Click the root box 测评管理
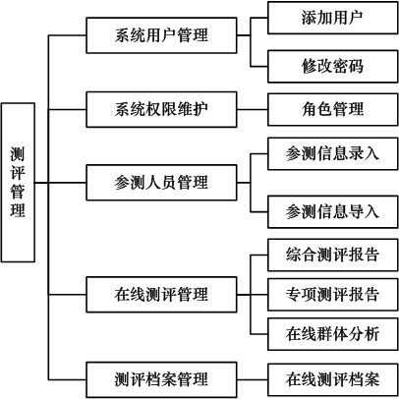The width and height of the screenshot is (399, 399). [x=18, y=183]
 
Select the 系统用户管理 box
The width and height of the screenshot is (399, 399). [x=161, y=35]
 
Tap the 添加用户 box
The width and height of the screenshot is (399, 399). [x=333, y=18]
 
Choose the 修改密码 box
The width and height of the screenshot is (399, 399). [x=333, y=66]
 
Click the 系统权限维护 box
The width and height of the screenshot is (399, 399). [x=161, y=109]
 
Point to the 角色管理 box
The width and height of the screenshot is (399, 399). [x=333, y=109]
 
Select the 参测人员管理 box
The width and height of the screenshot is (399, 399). [x=161, y=183]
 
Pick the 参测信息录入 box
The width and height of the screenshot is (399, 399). [x=333, y=153]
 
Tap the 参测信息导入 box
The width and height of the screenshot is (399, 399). [x=333, y=211]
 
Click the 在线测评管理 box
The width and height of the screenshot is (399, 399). [x=161, y=295]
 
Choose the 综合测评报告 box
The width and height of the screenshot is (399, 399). [x=333, y=255]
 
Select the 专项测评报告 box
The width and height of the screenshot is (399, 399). [x=333, y=295]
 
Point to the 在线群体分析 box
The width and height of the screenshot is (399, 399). [x=333, y=334]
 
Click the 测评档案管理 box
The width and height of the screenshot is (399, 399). [x=161, y=380]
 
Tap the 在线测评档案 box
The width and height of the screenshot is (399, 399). [x=333, y=380]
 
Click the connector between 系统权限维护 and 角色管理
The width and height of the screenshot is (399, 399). [x=253, y=109]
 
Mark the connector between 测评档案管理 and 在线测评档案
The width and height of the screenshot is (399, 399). [x=253, y=380]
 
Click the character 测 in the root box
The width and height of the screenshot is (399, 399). [x=18, y=154]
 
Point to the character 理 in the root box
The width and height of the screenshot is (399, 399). [x=18, y=210]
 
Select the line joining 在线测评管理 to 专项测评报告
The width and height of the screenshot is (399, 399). [x=253, y=295]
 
